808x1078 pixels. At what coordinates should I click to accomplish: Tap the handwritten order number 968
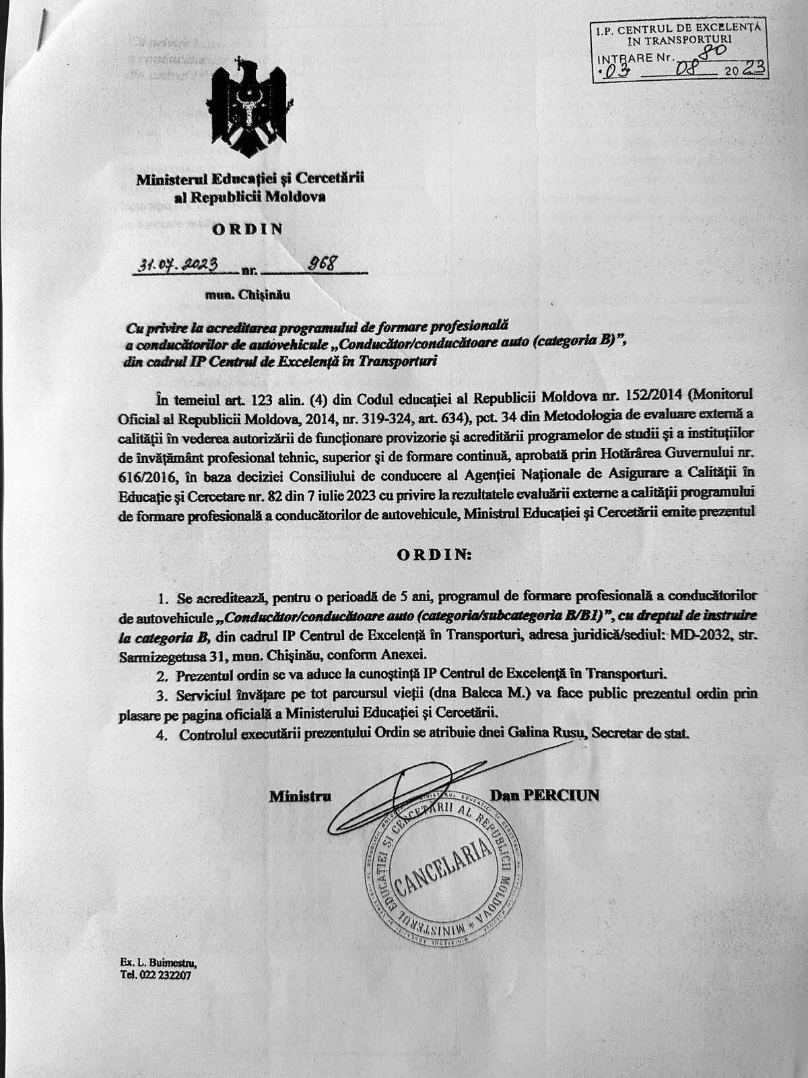pyautogui.click(x=322, y=263)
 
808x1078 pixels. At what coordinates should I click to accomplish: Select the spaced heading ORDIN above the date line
pyautogui.click(x=248, y=228)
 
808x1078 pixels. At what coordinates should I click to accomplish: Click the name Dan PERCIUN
pyautogui.click(x=545, y=796)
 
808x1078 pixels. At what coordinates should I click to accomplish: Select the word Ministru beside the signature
pyautogui.click(x=300, y=796)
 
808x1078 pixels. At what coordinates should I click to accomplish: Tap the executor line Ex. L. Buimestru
pyautogui.click(x=160, y=963)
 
